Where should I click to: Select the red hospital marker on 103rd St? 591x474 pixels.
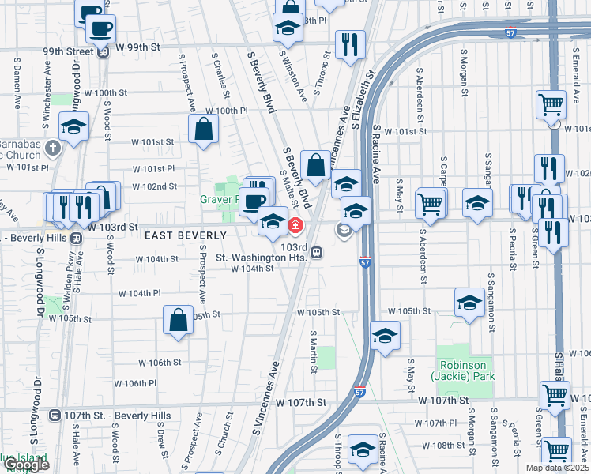(x=295, y=227)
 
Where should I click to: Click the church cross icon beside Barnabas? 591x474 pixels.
(x=53, y=148)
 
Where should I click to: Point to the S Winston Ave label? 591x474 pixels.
(x=295, y=76)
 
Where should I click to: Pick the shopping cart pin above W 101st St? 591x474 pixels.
(x=550, y=103)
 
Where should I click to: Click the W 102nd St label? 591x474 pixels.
(x=155, y=186)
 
